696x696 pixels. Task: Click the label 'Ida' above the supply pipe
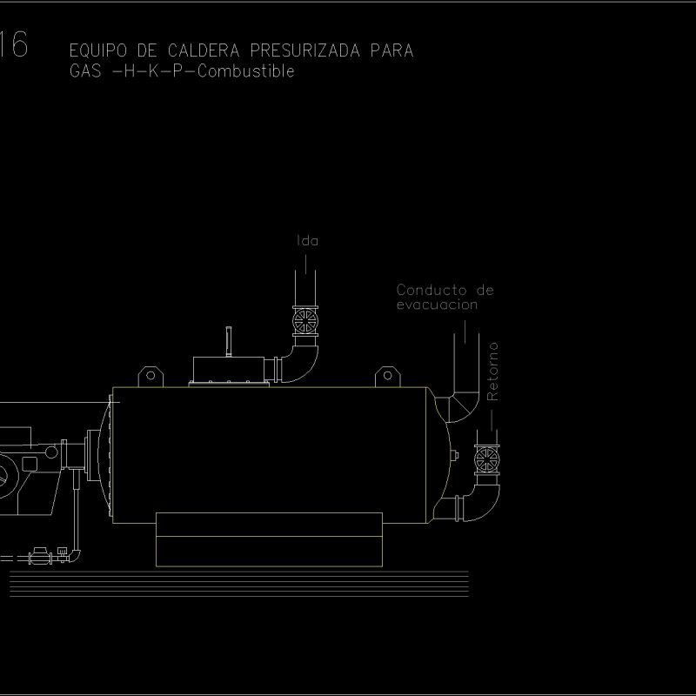click(x=308, y=241)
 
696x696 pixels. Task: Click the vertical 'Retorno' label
click(x=493, y=371)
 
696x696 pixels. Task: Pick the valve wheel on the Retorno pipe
click(x=487, y=458)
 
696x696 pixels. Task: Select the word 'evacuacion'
click(x=437, y=304)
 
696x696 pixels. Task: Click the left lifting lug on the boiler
click(x=150, y=377)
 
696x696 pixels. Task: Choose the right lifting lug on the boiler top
click(x=386, y=377)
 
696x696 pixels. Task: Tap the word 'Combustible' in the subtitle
click(x=246, y=72)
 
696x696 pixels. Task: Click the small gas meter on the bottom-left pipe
click(x=39, y=555)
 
